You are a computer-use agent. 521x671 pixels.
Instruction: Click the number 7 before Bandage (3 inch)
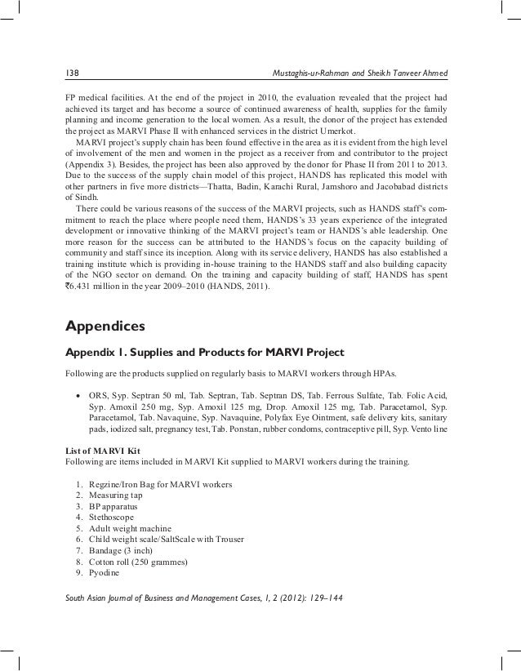point(78,551)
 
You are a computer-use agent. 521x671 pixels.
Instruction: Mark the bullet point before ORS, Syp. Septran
point(78,395)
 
